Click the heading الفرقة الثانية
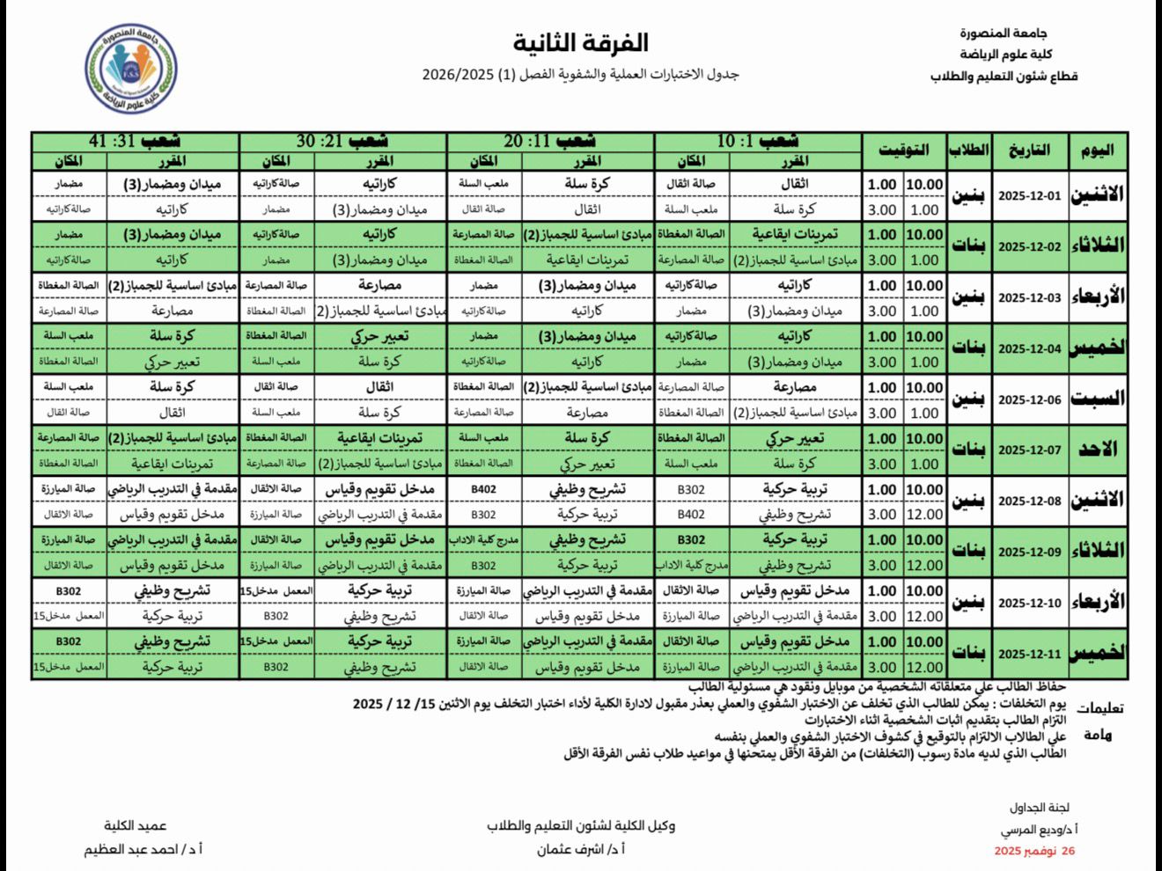[x=581, y=42]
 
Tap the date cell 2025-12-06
[x=1029, y=399]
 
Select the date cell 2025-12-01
[x=1029, y=196]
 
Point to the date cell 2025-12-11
[x=1029, y=654]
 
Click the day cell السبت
[x=1098, y=399]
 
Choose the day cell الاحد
[x=1098, y=450]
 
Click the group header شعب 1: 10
[x=758, y=141]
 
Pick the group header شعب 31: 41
[x=136, y=141]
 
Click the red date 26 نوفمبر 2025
[x=1034, y=851]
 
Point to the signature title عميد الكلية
[x=136, y=825]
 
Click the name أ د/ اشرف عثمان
[x=581, y=850]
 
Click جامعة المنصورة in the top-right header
[x=1003, y=33]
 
